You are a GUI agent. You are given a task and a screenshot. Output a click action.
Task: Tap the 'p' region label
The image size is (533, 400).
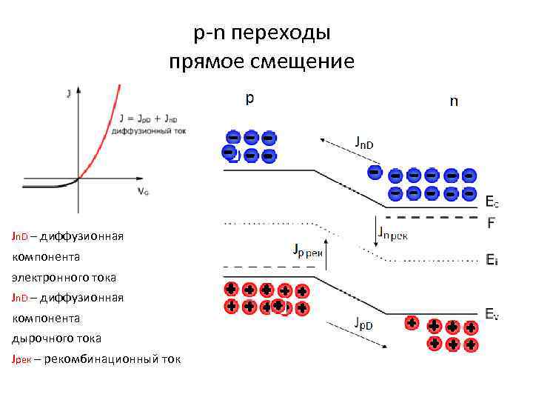[250, 99]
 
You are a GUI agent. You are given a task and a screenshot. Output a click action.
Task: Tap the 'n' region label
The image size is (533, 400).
[454, 102]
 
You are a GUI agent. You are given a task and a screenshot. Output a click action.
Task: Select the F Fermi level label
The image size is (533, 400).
[492, 221]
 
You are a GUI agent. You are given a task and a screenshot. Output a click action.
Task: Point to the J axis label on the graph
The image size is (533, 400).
[69, 93]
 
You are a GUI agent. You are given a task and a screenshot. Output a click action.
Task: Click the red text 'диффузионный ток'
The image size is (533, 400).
[148, 130]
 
